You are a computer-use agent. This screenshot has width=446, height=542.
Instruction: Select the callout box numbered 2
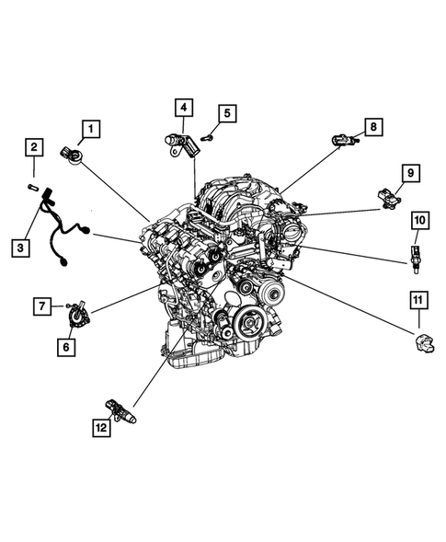(x=34, y=146)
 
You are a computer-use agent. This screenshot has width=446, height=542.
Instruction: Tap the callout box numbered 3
(x=19, y=246)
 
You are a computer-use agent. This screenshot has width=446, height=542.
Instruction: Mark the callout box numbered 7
(x=41, y=305)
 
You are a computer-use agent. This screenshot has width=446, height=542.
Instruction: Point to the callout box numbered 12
(x=98, y=429)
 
